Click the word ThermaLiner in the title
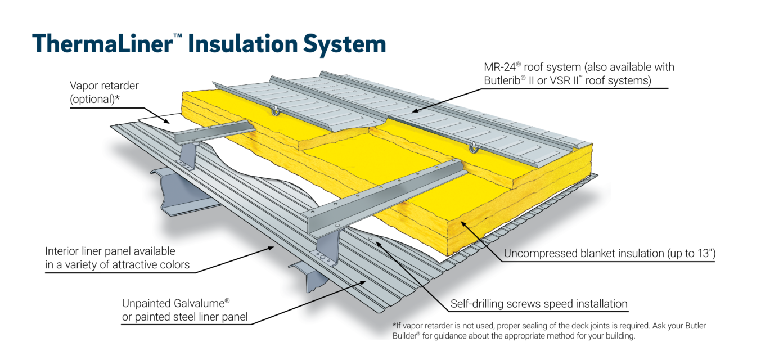102,44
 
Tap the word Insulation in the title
240,44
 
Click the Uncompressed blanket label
557,253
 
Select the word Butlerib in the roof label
507,80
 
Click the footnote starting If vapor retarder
501,326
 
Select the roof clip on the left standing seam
276,111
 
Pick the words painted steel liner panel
185,317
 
